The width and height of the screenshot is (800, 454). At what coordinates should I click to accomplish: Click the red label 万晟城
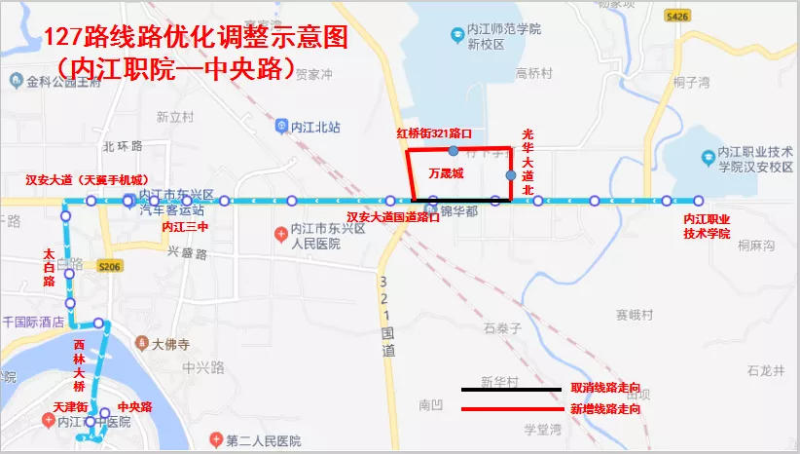pos(446,173)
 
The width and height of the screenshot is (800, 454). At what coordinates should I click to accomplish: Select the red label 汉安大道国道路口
pos(393,217)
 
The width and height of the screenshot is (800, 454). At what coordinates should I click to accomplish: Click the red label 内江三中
pos(185,227)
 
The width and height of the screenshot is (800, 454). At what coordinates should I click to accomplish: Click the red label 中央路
pos(134,407)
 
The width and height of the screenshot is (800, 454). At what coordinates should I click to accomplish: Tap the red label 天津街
pos(71,406)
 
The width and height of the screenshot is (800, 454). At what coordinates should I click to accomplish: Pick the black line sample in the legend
pos(514,389)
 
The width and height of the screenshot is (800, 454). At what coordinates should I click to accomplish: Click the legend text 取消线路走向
pos(605,389)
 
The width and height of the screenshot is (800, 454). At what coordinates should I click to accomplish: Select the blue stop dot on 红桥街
pos(454,151)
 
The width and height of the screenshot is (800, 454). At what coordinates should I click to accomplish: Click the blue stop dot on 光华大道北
pos(511,175)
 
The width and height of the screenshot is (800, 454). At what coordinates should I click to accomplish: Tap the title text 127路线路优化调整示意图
pos(195,39)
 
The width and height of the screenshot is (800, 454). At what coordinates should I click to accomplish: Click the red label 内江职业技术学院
pos(707,227)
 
